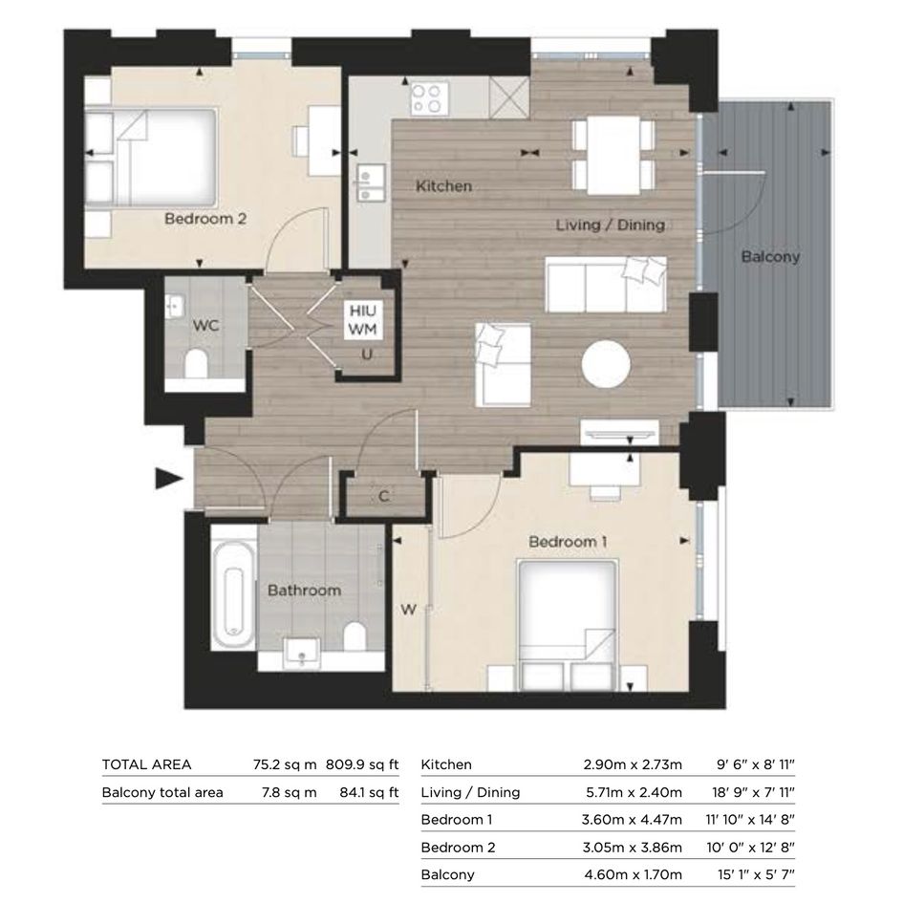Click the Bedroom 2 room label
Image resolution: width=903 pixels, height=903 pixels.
(205, 219)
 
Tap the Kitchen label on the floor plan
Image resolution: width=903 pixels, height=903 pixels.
(444, 186)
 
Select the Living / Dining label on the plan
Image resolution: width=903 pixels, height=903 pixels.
(611, 225)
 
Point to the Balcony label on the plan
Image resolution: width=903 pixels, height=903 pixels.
(770, 256)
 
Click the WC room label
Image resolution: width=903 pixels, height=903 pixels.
(205, 326)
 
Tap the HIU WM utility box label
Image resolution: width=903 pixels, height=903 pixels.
(363, 320)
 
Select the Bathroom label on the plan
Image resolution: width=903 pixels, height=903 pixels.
(304, 591)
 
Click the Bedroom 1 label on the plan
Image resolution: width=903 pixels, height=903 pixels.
(568, 542)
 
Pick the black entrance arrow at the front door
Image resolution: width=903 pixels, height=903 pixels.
(169, 478)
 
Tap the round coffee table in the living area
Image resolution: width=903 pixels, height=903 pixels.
(606, 365)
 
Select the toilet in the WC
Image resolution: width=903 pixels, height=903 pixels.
(197, 363)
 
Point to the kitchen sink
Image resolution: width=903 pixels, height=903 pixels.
(371, 183)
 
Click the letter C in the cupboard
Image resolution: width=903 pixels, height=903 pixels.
(384, 496)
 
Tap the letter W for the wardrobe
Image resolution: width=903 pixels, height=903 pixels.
(408, 610)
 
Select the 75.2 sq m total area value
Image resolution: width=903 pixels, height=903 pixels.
(285, 764)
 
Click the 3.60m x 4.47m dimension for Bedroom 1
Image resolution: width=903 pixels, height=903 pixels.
(632, 820)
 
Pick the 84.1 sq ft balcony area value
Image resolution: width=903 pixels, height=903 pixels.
(369, 792)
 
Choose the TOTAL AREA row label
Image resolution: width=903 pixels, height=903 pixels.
(146, 764)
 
